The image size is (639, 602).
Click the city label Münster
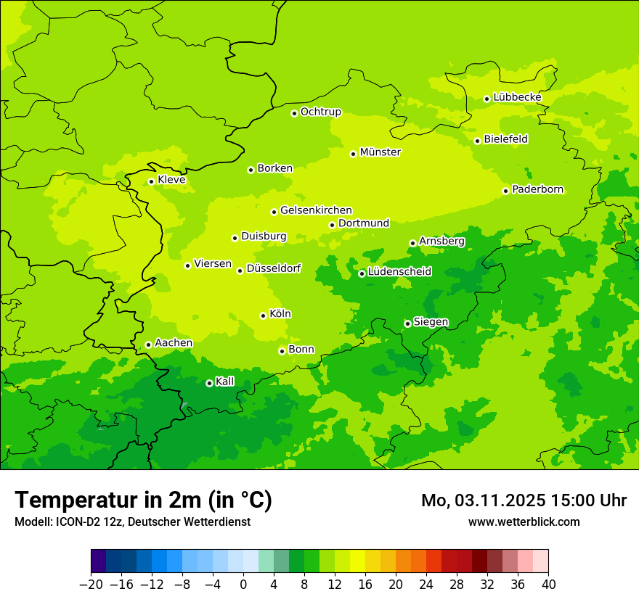pyautogui.click(x=380, y=152)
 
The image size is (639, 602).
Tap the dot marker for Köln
pyautogui.click(x=263, y=316)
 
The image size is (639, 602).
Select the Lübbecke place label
pyautogui.click(x=517, y=97)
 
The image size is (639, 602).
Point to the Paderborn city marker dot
pyautogui.click(x=505, y=191)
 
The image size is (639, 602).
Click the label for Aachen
pyautogui.click(x=174, y=343)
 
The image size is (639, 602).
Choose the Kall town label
pyautogui.click(x=225, y=382)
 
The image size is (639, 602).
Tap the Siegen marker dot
pyautogui.click(x=407, y=323)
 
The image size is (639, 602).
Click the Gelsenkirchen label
pyautogui.click(x=316, y=210)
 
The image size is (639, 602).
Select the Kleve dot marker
pyautogui.click(x=151, y=181)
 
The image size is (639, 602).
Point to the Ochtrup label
pyautogui.click(x=321, y=112)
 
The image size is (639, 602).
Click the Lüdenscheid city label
pyautogui.click(x=399, y=272)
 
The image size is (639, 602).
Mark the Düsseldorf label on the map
pyautogui.click(x=274, y=268)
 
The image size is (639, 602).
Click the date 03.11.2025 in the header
pyautogui.click(x=500, y=500)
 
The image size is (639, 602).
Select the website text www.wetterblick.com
pyautogui.click(x=524, y=521)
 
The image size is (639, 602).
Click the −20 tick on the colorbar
pyautogui.click(x=91, y=585)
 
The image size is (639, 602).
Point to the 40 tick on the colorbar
pyautogui.click(x=548, y=585)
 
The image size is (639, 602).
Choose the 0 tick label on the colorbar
pyautogui.click(x=243, y=585)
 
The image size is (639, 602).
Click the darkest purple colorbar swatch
pyautogui.click(x=98, y=561)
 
